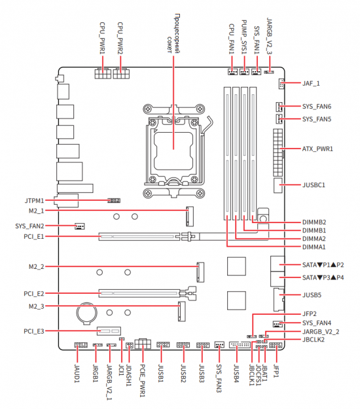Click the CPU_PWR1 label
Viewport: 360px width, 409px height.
pyautogui.click(x=102, y=39)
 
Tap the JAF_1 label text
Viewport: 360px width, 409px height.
pyautogui.click(x=311, y=84)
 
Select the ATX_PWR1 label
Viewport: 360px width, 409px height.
pyautogui.click(x=317, y=149)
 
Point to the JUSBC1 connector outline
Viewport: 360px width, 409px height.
pyautogui.click(x=278, y=185)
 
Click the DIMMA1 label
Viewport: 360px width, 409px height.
pyautogui.click(x=314, y=247)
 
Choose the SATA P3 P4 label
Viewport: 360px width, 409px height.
pyautogui.click(x=323, y=277)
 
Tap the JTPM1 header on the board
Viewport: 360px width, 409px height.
pyautogui.click(x=114, y=201)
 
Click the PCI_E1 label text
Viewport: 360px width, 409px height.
pyautogui.click(x=34, y=237)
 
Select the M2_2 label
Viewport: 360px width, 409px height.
pyautogui.click(x=37, y=266)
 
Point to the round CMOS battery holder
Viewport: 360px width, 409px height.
pyautogui.click(x=87, y=313)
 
